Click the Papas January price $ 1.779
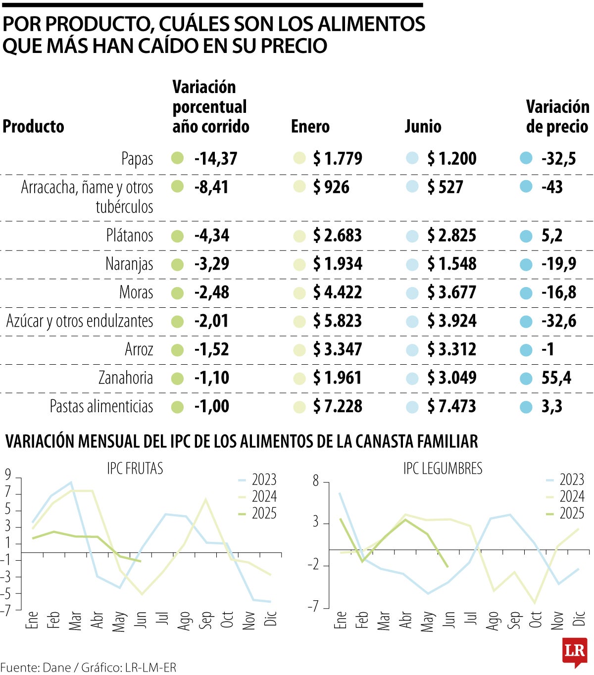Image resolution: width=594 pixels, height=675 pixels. pyautogui.click(x=338, y=159)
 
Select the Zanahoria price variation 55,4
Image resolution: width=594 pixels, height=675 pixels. pyautogui.click(x=556, y=378)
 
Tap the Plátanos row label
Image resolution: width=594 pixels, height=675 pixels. pyautogui.click(x=130, y=235)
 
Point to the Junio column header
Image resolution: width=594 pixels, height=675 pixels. pyautogui.click(x=423, y=127)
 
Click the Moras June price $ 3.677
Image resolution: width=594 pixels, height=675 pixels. pyautogui.click(x=451, y=292)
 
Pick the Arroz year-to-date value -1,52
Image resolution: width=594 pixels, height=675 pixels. pyautogui.click(x=212, y=349)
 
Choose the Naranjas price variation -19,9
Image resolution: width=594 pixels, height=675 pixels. pyautogui.click(x=559, y=264)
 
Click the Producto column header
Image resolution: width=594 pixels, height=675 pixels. pyautogui.click(x=34, y=127)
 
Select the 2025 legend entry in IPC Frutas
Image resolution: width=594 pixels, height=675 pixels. pyautogui.click(x=264, y=513)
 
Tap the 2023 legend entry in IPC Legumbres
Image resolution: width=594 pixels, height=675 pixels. pyautogui.click(x=572, y=480)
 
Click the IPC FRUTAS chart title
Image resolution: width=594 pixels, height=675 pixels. pyautogui.click(x=135, y=468)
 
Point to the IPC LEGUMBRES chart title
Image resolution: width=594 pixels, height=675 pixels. pyautogui.click(x=443, y=468)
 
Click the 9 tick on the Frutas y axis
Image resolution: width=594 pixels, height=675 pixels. pyautogui.click(x=8, y=475)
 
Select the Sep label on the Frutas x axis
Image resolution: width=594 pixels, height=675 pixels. pyautogui.click(x=205, y=620)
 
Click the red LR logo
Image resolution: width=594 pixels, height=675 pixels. pyautogui.click(x=575, y=651)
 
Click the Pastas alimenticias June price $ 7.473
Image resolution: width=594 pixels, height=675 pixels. pyautogui.click(x=451, y=407)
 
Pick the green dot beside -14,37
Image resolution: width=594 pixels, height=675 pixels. pyautogui.click(x=177, y=159)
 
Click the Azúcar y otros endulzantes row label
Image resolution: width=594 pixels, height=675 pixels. pyautogui.click(x=80, y=321)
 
